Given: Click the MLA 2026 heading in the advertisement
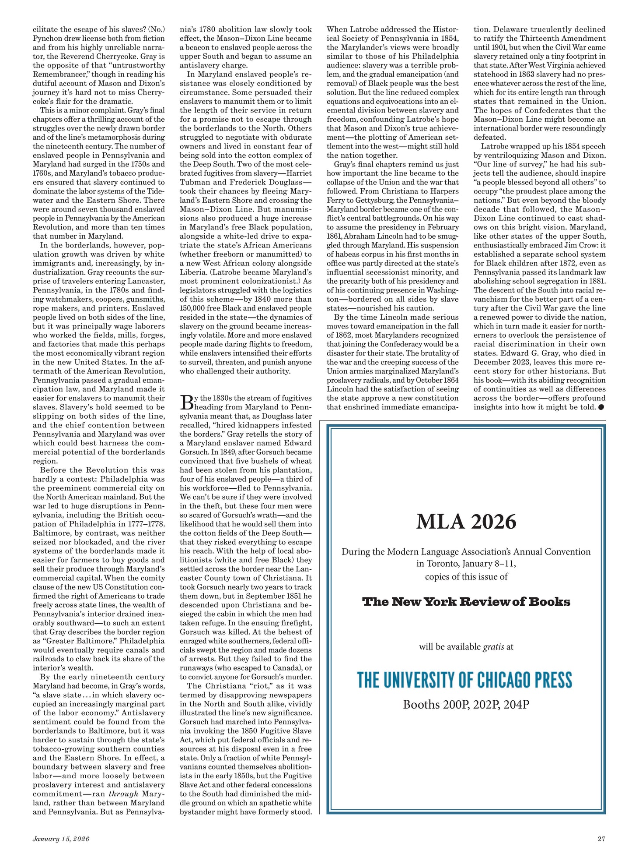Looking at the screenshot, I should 466,522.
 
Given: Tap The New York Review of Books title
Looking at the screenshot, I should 466,602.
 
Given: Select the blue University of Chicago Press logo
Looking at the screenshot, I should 464,680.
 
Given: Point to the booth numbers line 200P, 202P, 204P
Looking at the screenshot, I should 466,705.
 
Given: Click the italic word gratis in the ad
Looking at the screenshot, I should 493,647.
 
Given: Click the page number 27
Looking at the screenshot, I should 601,839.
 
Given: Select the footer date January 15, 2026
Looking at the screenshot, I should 61,839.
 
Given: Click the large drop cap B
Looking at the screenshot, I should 186,402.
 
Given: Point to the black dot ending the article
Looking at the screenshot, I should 601,407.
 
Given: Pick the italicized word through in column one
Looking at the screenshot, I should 123,794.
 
